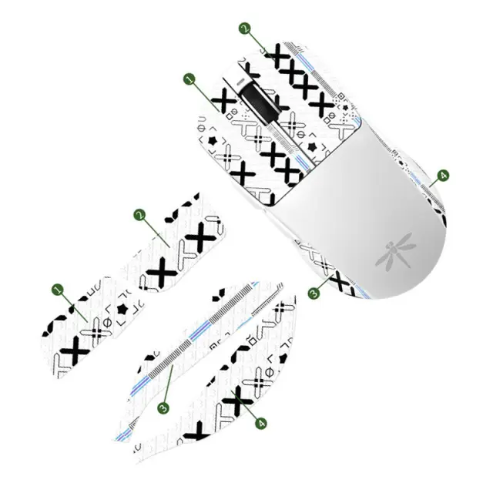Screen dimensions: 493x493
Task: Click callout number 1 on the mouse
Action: click(189, 79)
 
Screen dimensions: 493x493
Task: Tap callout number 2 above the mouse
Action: click(245, 28)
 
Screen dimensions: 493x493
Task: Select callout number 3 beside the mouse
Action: click(314, 293)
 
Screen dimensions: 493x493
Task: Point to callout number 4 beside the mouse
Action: click(443, 175)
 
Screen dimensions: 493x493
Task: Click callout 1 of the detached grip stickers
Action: click(58, 290)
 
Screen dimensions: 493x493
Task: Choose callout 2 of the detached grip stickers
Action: click(139, 215)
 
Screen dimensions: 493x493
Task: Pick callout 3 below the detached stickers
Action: click(163, 407)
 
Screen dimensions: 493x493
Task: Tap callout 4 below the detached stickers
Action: click(260, 423)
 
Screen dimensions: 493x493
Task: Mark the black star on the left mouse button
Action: click(212, 141)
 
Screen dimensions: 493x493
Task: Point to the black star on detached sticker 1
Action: click(122, 310)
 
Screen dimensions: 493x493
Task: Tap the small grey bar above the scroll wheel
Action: click(240, 82)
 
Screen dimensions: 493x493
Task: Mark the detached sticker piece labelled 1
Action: click(91, 327)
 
